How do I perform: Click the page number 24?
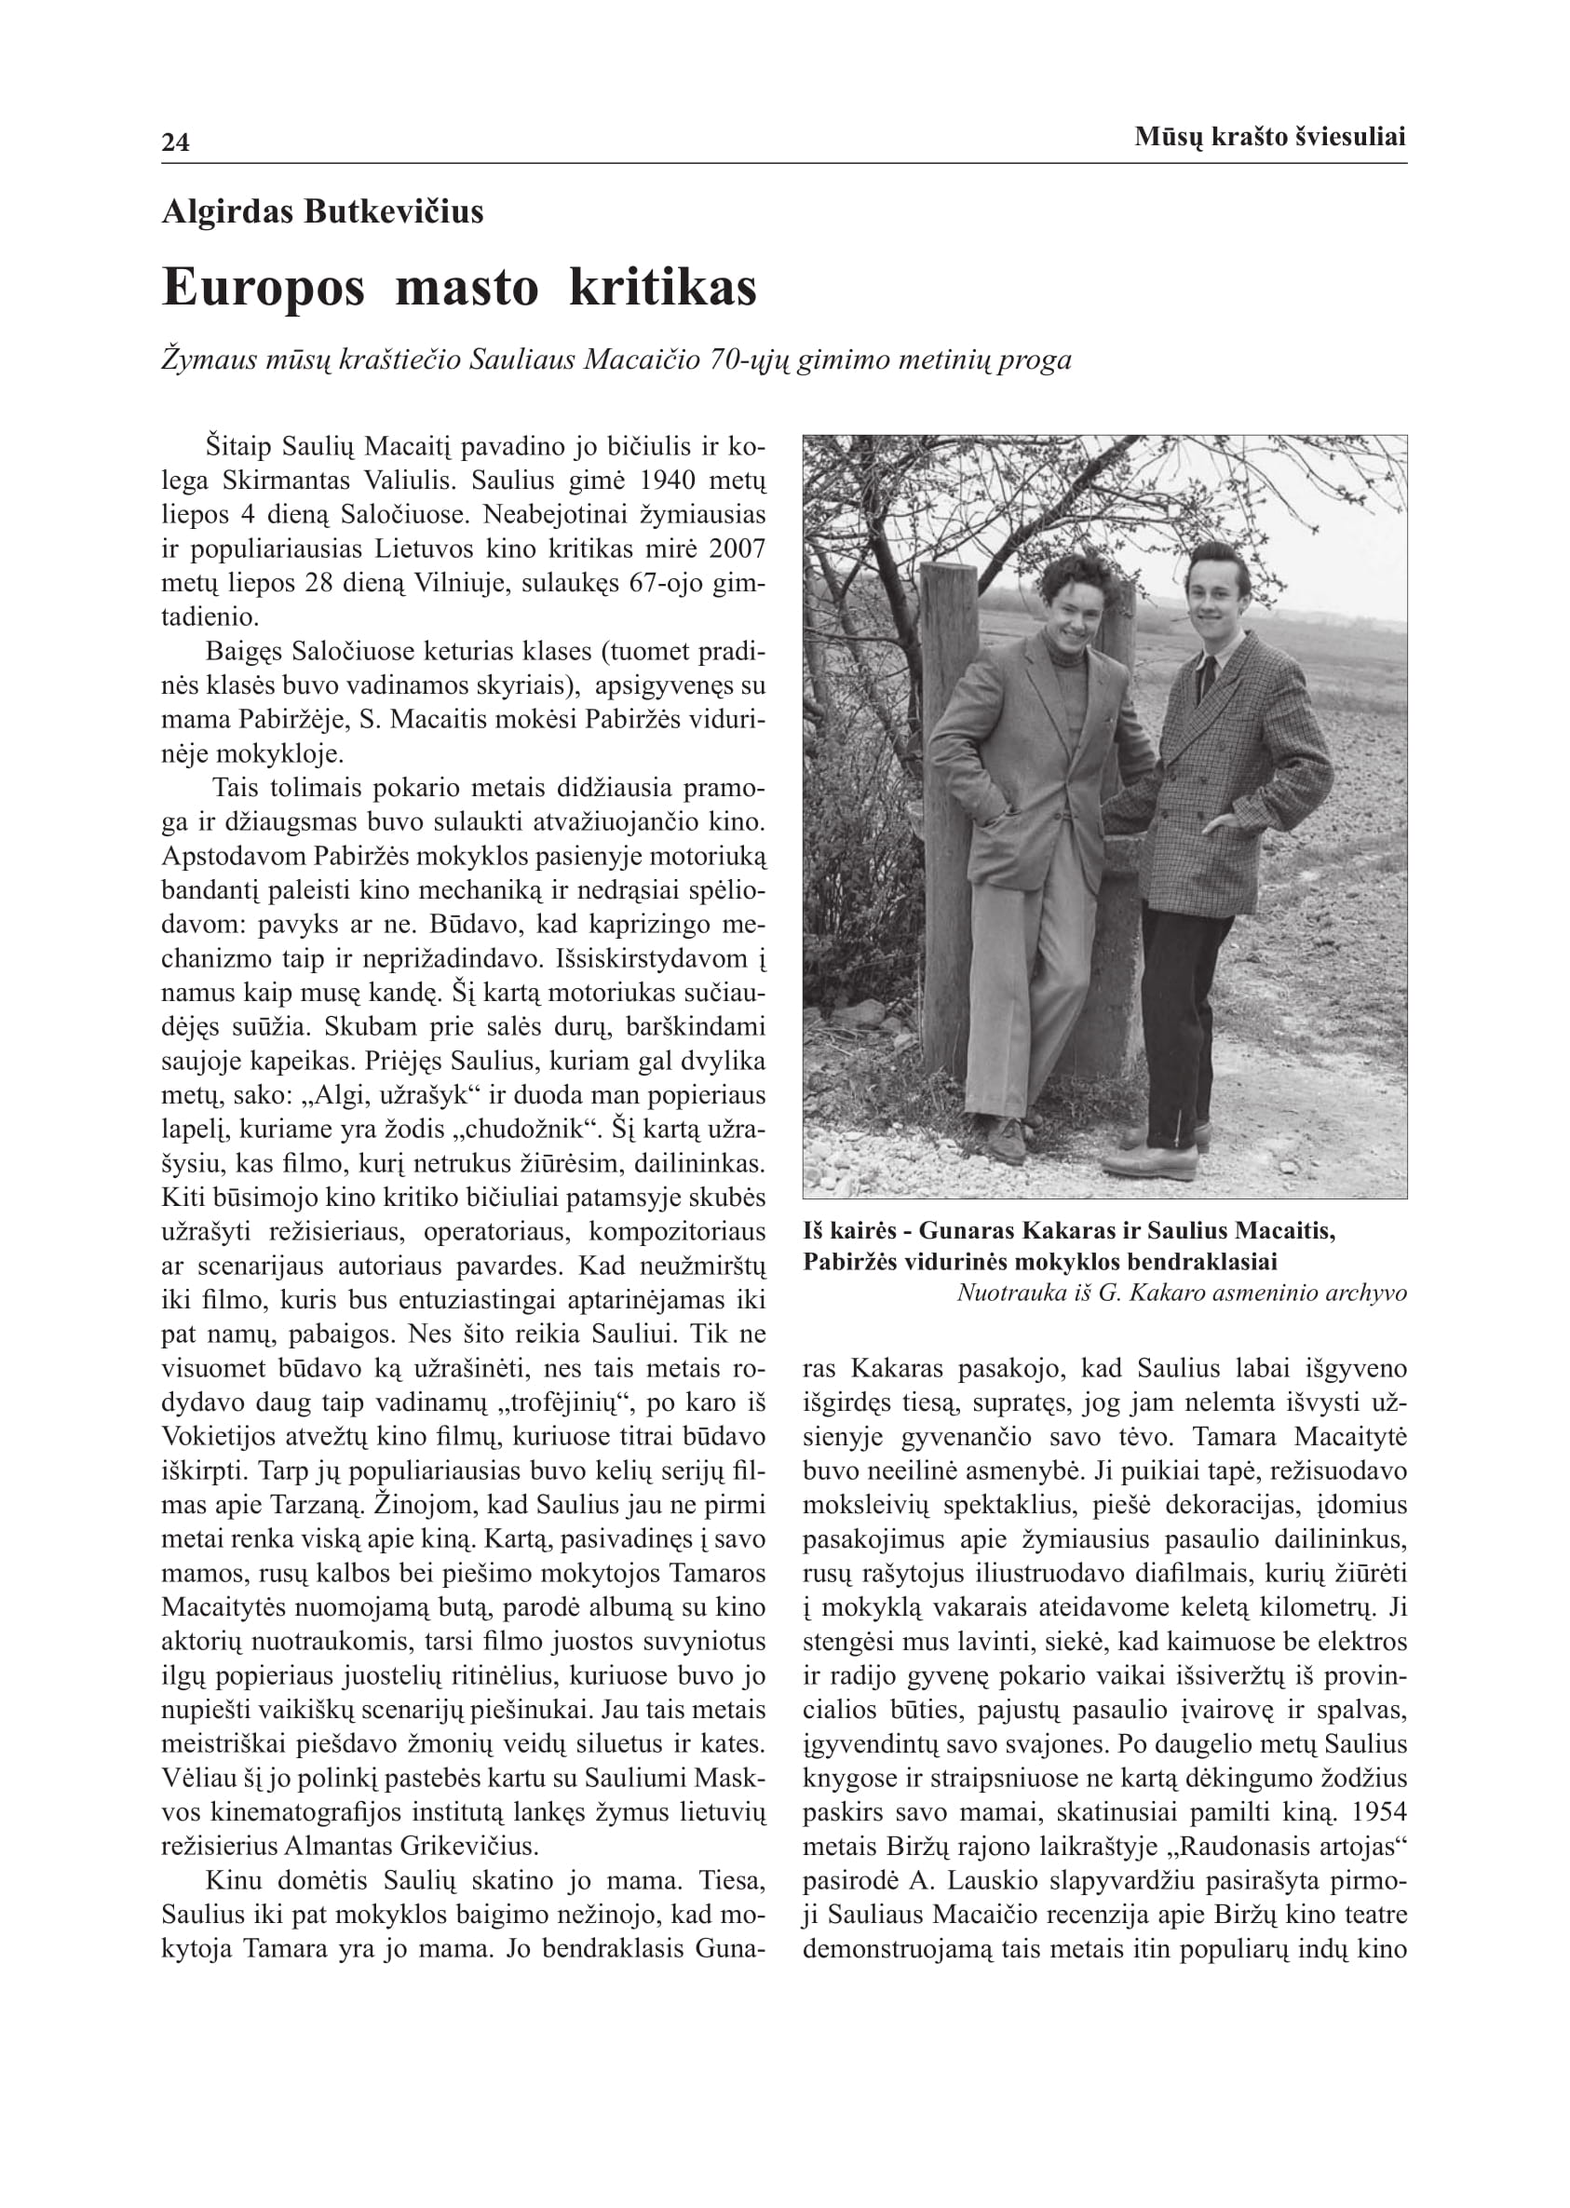pos(175,143)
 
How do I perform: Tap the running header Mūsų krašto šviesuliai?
pos(1269,137)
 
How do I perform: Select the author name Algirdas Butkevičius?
pos(322,211)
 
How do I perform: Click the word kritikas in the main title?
pos(662,288)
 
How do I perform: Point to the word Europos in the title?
pos(263,288)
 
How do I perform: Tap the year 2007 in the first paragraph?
pos(737,549)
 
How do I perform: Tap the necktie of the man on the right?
pos(1208,677)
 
